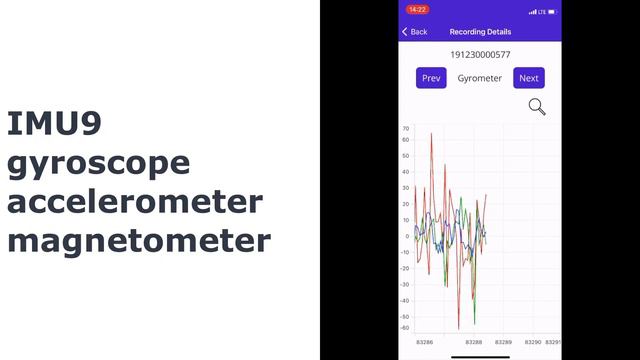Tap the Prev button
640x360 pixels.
click(x=431, y=78)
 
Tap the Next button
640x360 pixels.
click(x=529, y=78)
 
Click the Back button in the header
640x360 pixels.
click(x=415, y=32)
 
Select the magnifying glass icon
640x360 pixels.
click(x=537, y=107)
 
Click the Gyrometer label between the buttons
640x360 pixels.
click(x=480, y=78)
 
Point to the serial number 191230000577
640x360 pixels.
click(x=480, y=55)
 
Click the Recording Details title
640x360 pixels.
click(x=480, y=32)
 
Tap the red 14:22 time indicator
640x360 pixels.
click(x=417, y=10)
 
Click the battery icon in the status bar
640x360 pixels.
click(x=551, y=11)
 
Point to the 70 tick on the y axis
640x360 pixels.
click(x=406, y=128)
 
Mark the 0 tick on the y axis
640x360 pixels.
click(x=407, y=236)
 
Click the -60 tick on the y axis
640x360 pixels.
click(x=405, y=328)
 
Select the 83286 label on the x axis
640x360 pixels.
click(x=424, y=342)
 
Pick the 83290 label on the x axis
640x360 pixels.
click(x=533, y=342)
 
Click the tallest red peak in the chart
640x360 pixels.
click(x=432, y=134)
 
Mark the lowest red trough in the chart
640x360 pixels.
click(x=459, y=328)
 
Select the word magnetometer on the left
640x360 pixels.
click(x=138, y=241)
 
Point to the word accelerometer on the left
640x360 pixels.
click(x=135, y=202)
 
